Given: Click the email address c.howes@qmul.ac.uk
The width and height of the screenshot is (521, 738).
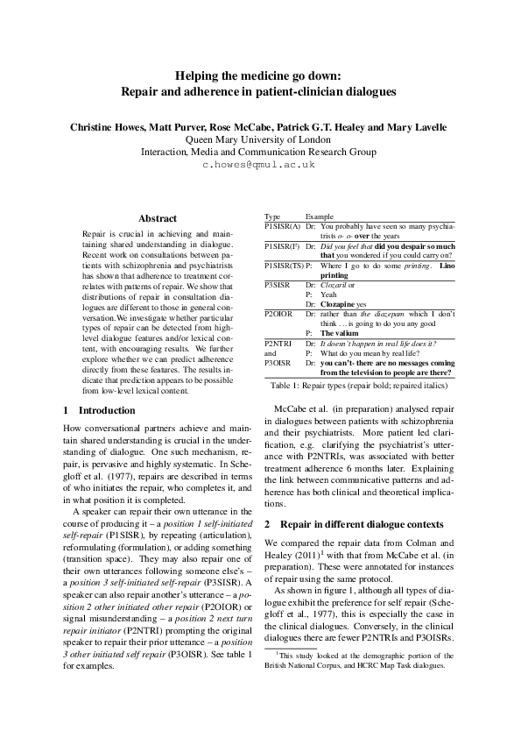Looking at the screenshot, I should click(259, 164).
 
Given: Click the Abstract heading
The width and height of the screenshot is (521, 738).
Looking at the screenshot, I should click(158, 218).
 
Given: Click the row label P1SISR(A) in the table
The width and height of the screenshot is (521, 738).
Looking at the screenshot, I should click(282, 226).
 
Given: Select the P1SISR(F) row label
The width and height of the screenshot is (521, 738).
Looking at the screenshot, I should click(282, 247).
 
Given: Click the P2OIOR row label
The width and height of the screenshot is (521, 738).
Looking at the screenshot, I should click(279, 313).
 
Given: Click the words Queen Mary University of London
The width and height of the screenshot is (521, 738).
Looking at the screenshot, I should click(259, 138).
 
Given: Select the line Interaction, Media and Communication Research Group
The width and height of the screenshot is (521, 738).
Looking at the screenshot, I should click(259, 151).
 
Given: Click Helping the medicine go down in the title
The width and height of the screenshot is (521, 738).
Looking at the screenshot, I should click(259, 76).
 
